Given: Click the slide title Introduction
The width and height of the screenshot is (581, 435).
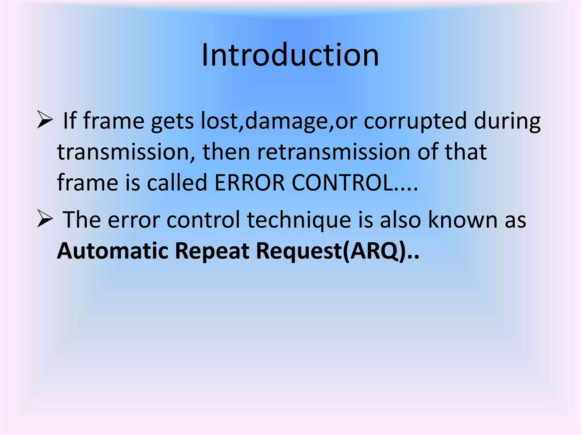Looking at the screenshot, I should click(290, 55).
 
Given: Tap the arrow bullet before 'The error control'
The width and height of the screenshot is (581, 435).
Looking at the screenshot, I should click(45, 220).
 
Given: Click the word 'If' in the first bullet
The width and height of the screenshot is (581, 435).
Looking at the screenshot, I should click(70, 121).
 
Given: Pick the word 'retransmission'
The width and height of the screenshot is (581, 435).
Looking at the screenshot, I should click(334, 152).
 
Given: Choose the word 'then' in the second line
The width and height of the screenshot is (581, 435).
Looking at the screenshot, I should click(226, 152).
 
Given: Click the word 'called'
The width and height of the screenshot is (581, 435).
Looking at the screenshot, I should click(177, 183).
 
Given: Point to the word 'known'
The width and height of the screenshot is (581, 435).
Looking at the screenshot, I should click(463, 220).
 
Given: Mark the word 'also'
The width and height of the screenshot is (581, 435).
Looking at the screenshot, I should click(400, 220).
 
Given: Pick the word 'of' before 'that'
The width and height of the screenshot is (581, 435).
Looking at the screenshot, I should click(427, 152).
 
